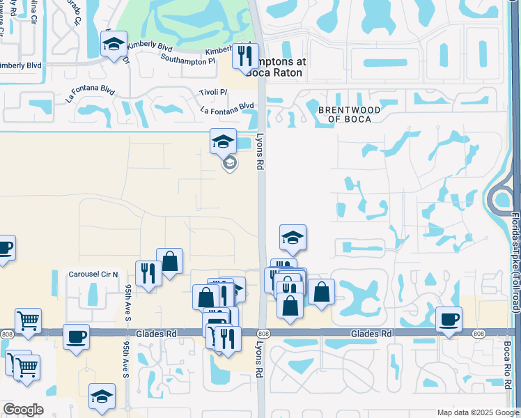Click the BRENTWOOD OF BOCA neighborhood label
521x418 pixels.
[349, 114]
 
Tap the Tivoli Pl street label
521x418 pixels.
[214, 92]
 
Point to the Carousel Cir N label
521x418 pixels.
[93, 274]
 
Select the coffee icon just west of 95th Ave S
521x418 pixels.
[76, 336]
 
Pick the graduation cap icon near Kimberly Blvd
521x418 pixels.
[114, 45]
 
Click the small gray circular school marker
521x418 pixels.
[228, 164]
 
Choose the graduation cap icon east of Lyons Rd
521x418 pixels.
[293, 238]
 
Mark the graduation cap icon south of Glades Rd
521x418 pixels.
[102, 396]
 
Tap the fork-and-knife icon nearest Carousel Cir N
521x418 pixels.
[148, 272]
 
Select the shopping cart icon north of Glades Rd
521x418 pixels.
[27, 320]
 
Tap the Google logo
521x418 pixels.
[23, 410]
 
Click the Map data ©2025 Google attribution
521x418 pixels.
[477, 412]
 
